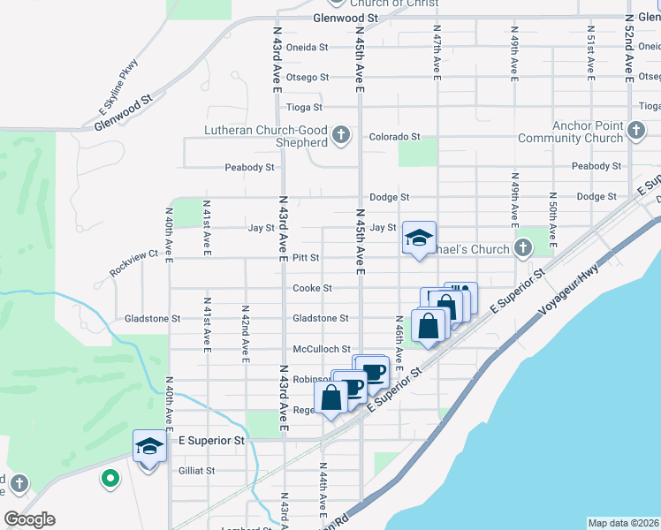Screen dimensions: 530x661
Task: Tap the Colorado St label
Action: point(394,137)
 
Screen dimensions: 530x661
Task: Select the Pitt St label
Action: point(302,258)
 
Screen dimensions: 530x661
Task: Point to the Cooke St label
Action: point(313,288)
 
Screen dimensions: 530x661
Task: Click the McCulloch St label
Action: point(322,349)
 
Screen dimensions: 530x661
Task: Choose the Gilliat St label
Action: point(197,471)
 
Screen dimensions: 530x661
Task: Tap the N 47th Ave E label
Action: point(437,51)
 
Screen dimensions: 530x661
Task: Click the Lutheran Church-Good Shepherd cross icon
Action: point(341,136)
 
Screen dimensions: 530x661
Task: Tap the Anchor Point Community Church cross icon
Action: point(635,132)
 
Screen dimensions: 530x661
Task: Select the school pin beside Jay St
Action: point(419,238)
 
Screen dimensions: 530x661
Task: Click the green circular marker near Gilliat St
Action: point(110,479)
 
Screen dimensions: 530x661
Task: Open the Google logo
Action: point(29,520)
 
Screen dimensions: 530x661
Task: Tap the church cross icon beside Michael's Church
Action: point(523,249)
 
